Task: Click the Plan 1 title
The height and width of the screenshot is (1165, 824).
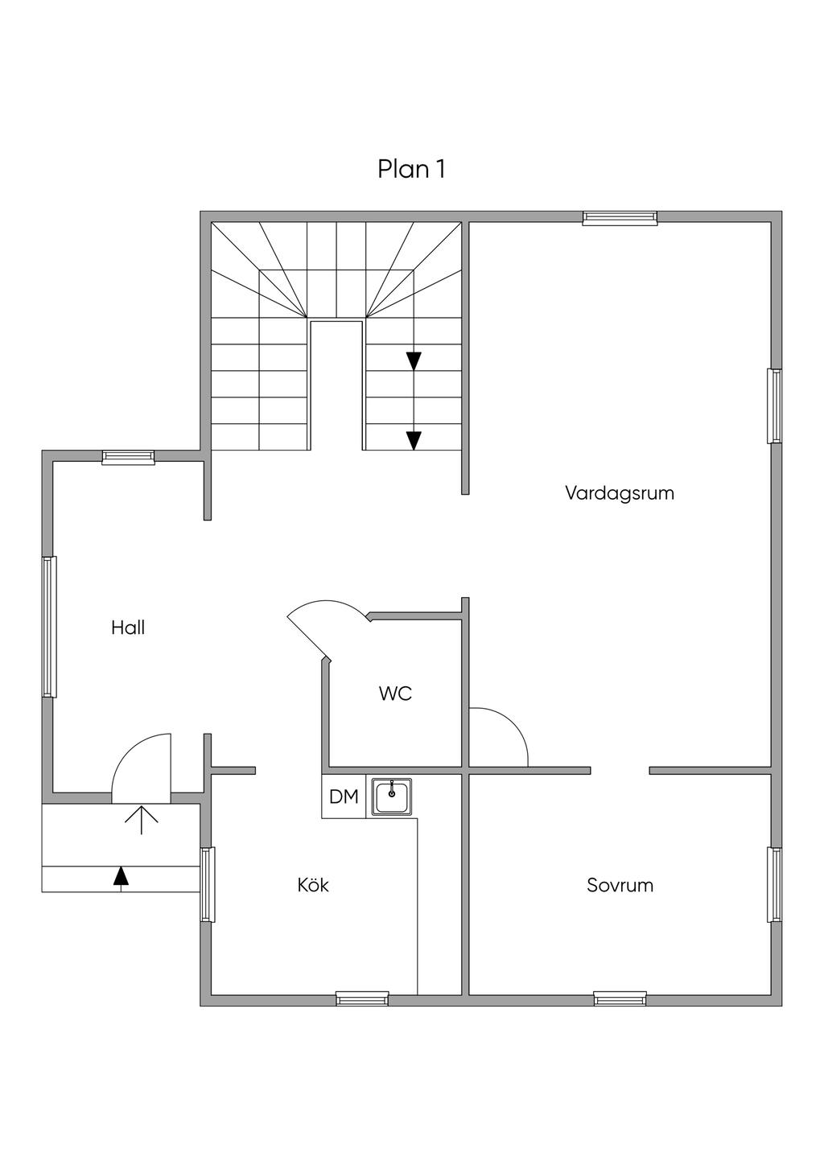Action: (411, 170)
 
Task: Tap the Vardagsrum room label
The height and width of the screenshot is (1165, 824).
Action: (619, 492)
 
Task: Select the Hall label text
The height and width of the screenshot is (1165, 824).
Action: (128, 628)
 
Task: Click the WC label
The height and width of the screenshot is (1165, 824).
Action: (396, 693)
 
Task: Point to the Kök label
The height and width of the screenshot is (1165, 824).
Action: (313, 885)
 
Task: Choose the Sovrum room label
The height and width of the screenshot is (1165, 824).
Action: (620, 885)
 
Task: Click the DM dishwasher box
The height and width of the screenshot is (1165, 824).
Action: (344, 797)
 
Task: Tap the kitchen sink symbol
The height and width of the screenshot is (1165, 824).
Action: (392, 797)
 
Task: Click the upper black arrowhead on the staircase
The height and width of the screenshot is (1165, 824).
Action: (414, 360)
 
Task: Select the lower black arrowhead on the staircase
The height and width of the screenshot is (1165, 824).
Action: (414, 440)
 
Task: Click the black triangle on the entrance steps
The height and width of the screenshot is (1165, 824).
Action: (121, 875)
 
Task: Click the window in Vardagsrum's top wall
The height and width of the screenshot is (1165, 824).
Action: (620, 216)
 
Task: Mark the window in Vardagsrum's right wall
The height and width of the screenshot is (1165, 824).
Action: (774, 405)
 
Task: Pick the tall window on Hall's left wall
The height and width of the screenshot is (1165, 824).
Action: (49, 627)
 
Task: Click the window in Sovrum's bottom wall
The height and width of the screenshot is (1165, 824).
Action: (620, 998)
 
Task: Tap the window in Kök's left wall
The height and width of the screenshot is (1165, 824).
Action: (208, 883)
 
